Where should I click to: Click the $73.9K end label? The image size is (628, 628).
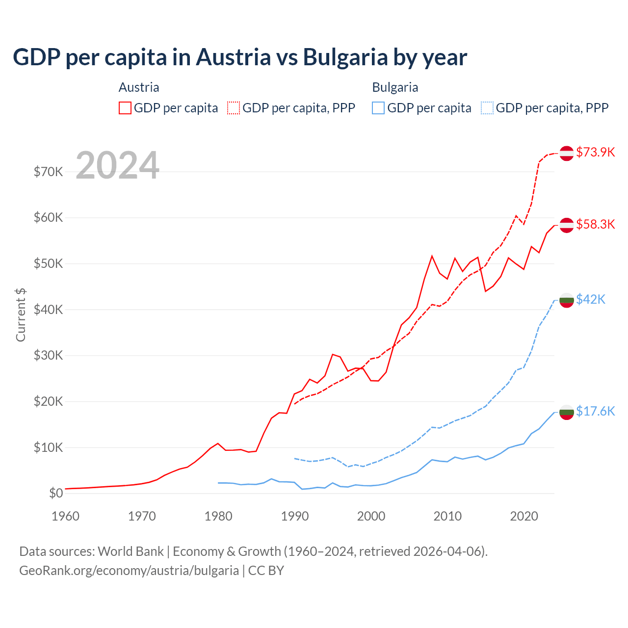(x=595, y=152)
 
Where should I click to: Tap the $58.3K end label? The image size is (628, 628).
(x=595, y=224)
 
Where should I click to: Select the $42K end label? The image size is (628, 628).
(x=591, y=299)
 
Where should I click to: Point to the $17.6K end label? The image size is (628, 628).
(x=595, y=411)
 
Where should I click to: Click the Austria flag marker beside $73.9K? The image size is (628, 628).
(x=567, y=153)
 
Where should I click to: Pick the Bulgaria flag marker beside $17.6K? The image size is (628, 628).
(x=567, y=412)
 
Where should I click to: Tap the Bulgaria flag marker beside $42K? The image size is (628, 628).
(x=567, y=300)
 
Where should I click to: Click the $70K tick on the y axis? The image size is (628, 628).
(x=48, y=172)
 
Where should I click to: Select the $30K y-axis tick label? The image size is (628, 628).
(x=48, y=355)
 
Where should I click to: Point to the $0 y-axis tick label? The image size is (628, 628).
(x=55, y=493)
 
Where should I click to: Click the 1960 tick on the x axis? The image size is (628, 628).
(x=65, y=516)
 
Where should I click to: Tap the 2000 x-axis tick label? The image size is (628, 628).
(x=371, y=516)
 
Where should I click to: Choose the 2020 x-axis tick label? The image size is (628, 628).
(x=524, y=516)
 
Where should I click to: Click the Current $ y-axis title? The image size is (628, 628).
(x=21, y=314)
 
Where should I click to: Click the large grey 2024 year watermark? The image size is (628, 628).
(x=118, y=165)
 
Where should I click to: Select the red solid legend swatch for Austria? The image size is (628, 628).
(x=125, y=108)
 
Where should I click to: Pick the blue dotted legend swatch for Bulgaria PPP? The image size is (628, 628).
(x=487, y=108)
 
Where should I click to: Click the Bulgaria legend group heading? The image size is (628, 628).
(x=395, y=87)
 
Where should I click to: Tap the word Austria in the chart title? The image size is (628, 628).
(x=234, y=57)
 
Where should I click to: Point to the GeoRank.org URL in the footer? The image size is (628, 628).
(x=129, y=571)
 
